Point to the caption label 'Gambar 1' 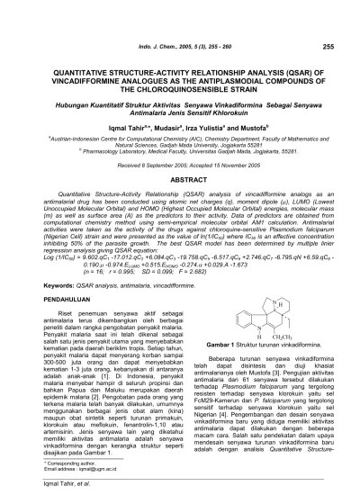tap(217, 395)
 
